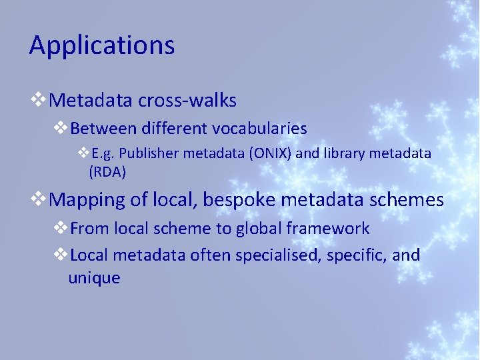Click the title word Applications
point(102,46)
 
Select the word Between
point(100,128)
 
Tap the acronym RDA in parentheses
point(107,171)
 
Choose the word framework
point(328,229)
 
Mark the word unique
point(94,278)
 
